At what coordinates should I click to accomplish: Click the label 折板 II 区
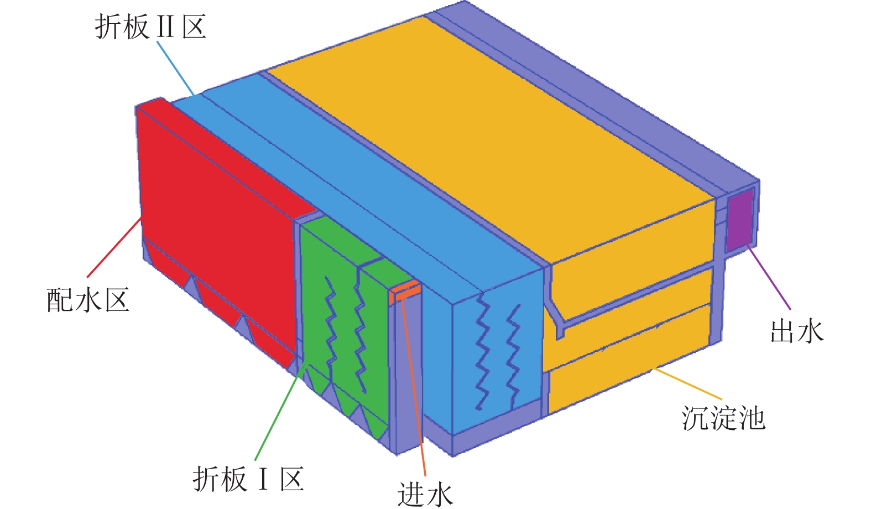(150, 26)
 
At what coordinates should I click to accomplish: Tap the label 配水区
(88, 300)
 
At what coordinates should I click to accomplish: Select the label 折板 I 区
(248, 479)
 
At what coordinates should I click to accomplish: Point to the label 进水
(425, 494)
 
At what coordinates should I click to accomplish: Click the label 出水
(797, 331)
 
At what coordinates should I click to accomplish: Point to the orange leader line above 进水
(413, 387)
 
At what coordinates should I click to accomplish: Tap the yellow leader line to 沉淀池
(689, 383)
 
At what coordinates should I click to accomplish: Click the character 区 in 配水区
(117, 300)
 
